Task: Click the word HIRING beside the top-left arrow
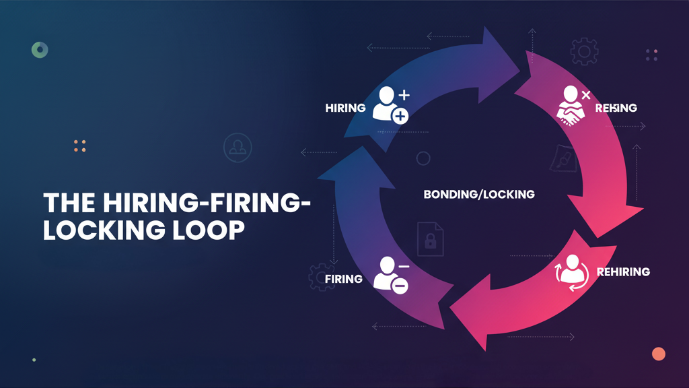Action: point(345,108)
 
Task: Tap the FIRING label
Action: point(343,279)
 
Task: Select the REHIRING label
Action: point(622,272)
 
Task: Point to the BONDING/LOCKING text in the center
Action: point(479,194)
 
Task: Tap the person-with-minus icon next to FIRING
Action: point(390,274)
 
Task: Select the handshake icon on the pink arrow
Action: point(571,108)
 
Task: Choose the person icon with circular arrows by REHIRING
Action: point(571,272)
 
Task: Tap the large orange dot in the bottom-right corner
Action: point(659,354)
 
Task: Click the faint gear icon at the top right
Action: point(583,51)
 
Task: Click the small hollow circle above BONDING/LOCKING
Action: point(423,159)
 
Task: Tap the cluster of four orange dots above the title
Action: point(79,145)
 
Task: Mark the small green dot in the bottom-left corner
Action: point(34,360)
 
